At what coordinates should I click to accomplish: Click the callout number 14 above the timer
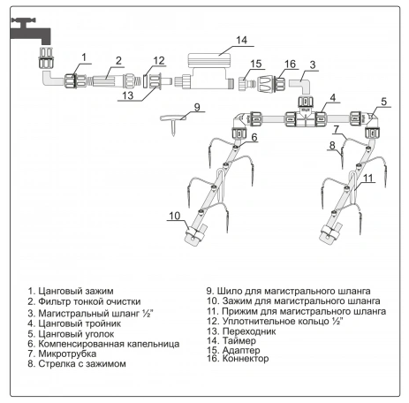point(241,40)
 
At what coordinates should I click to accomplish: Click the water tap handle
point(24,21)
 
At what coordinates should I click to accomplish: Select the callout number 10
point(175,216)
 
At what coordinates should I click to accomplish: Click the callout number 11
point(368,178)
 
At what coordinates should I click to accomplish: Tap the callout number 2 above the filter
point(118,61)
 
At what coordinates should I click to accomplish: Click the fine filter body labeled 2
point(108,80)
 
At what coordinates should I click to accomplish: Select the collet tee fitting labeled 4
point(306,116)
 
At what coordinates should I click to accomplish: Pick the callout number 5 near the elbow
point(383,102)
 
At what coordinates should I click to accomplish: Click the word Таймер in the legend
point(239,341)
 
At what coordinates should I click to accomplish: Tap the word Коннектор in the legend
point(246,359)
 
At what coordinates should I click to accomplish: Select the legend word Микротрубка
point(67,354)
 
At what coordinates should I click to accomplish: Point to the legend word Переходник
point(249,331)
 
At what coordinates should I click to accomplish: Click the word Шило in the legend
point(227,291)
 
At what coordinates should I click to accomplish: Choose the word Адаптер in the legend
point(241,350)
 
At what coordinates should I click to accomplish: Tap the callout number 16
point(290,64)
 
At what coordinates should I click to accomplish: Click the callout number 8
point(332,145)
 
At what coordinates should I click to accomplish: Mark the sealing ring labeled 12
point(146,81)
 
